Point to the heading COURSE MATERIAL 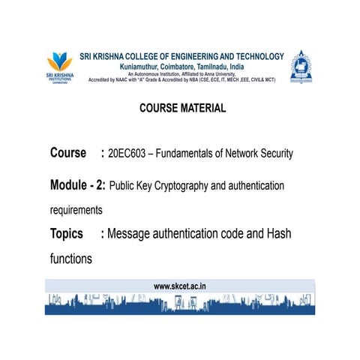182,108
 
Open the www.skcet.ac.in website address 180,286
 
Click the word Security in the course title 274,154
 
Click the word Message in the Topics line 133,234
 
